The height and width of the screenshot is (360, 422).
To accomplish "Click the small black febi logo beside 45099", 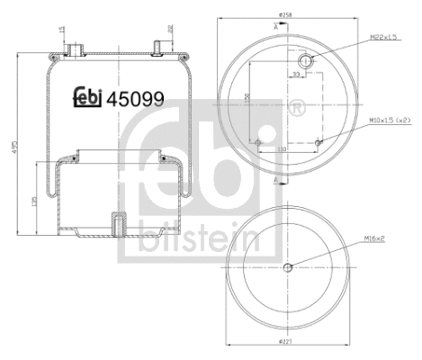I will pyautogui.click(x=87, y=99).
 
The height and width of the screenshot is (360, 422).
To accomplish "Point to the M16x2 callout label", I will pyautogui.click(x=376, y=238).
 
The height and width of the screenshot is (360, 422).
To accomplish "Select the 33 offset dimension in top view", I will pyautogui.click(x=295, y=77).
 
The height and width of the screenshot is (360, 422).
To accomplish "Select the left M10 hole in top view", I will pyautogui.click(x=258, y=141).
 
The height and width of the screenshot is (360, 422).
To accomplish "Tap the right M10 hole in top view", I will pyautogui.click(x=319, y=140).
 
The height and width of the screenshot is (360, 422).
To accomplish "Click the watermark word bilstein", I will pyautogui.click(x=199, y=239).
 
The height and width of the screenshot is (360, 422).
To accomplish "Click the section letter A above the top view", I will pyautogui.click(x=276, y=27).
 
